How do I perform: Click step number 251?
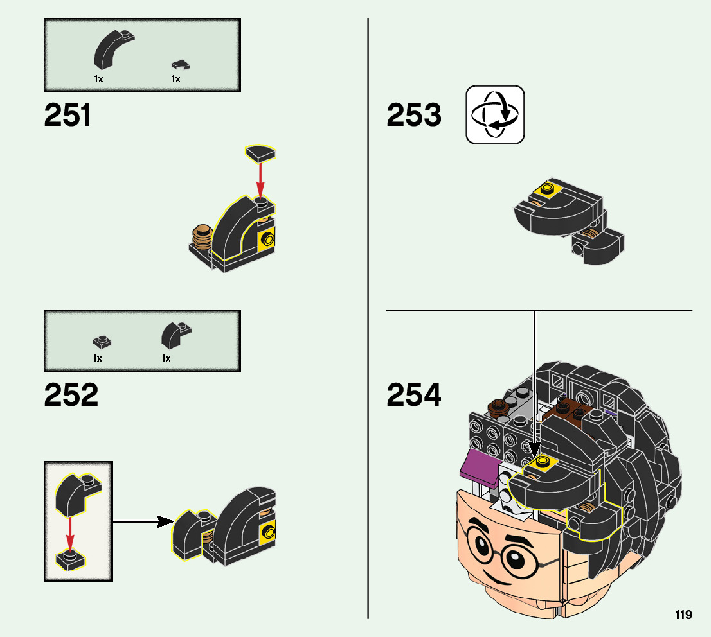(68, 116)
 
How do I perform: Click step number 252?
(71, 396)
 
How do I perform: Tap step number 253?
(414, 116)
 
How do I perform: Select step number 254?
(414, 396)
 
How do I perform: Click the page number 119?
(683, 615)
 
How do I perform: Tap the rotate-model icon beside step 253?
(495, 115)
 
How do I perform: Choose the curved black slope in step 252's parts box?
(174, 334)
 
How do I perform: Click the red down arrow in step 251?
(260, 180)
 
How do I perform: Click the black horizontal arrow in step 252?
(144, 521)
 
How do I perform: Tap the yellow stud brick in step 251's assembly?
(267, 241)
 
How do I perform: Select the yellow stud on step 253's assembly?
(547, 189)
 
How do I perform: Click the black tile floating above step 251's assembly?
(260, 153)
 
